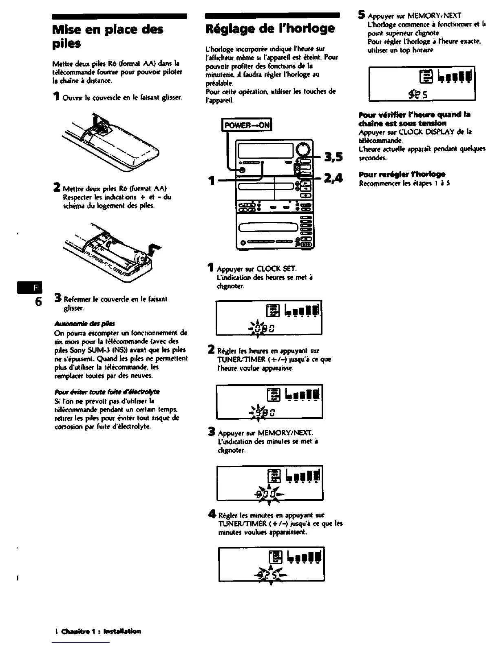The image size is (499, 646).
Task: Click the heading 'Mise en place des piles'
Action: click(x=108, y=36)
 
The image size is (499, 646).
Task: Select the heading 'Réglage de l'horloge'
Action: click(x=270, y=29)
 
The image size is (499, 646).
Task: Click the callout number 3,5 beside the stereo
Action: click(x=333, y=157)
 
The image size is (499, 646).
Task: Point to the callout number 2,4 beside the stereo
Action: click(x=333, y=178)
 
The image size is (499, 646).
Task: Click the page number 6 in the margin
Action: click(x=38, y=302)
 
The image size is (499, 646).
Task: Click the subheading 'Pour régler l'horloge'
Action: click(x=402, y=175)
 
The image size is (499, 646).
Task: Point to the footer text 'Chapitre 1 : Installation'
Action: click(x=101, y=631)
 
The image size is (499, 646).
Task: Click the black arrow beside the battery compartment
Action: click(x=155, y=249)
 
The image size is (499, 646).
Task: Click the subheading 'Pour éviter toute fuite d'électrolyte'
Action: click(x=106, y=392)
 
